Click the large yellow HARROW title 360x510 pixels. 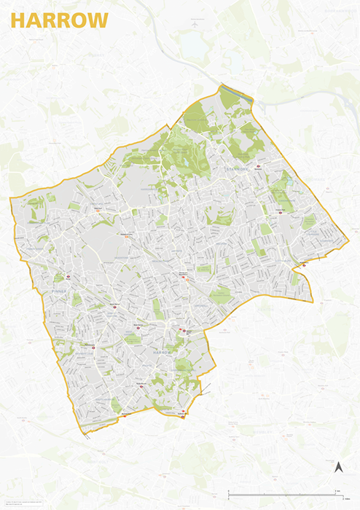coord(58,21)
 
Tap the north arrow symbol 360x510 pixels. coord(338,467)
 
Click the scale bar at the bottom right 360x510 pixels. coord(285,495)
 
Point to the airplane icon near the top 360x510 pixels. coord(195,24)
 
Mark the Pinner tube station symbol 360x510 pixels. coord(66,277)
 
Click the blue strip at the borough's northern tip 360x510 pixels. coord(236,92)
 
